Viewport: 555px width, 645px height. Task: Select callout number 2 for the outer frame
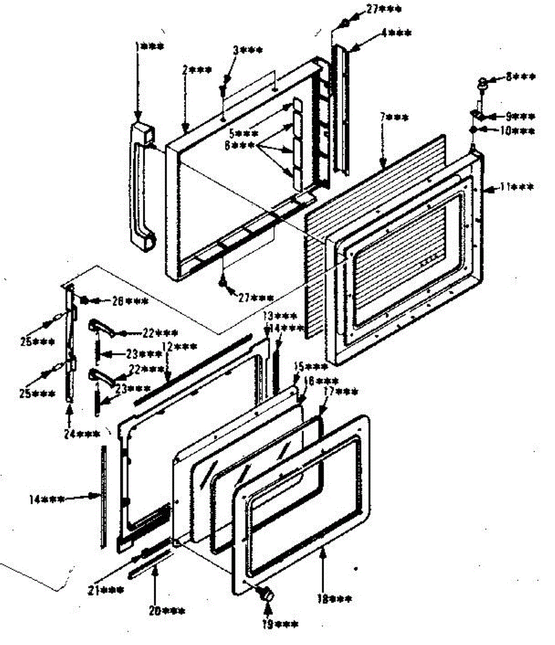tap(196, 70)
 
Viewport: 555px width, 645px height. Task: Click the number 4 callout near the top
tap(397, 33)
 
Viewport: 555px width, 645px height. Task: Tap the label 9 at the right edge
tap(520, 116)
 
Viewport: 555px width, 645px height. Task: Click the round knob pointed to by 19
tap(265, 593)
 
